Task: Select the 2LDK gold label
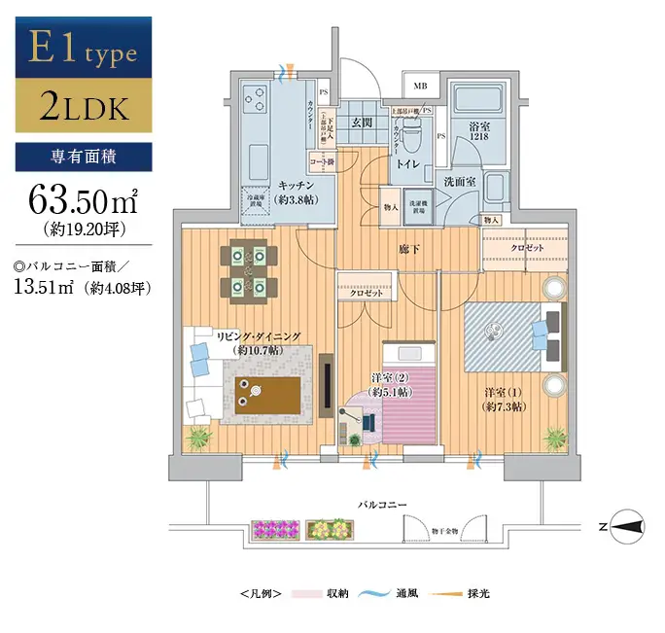tap(84, 107)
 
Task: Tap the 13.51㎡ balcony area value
tap(45, 286)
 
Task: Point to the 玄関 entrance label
tap(364, 123)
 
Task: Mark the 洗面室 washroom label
tap(459, 181)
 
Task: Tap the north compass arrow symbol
tap(626, 526)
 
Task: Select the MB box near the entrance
tap(420, 87)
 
